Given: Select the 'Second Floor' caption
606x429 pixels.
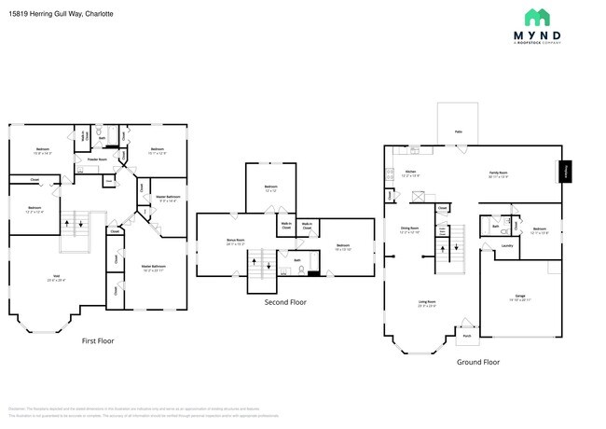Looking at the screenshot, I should pyautogui.click(x=284, y=302).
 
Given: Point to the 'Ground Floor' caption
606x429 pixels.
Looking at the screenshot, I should pyautogui.click(x=477, y=362).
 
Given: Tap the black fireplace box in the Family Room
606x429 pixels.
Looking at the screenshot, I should pyautogui.click(x=565, y=173).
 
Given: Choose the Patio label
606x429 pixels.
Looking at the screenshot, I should pyautogui.click(x=458, y=132).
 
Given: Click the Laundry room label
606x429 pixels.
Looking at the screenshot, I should pyautogui.click(x=507, y=246).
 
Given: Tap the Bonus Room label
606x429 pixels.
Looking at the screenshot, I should pyautogui.click(x=236, y=241).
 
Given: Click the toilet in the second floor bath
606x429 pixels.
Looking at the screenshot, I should pyautogui.click(x=302, y=270).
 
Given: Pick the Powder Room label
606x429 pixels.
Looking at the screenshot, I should pyautogui.click(x=97, y=159).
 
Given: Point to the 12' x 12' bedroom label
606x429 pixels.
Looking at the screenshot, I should pyautogui.click(x=270, y=188).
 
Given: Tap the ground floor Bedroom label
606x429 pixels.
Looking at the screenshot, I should pyautogui.click(x=539, y=229).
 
